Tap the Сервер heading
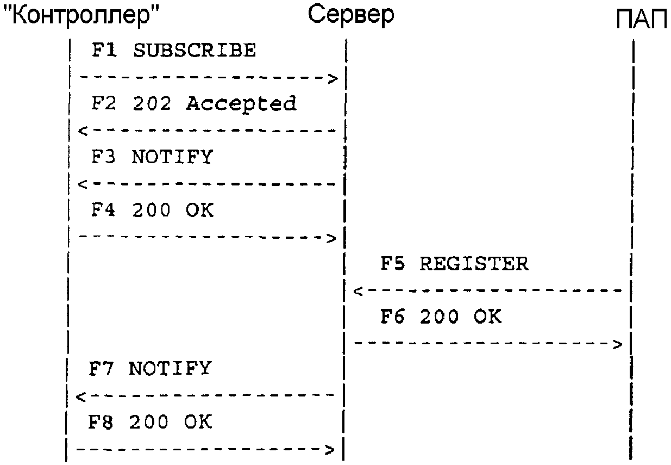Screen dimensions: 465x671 click(x=351, y=15)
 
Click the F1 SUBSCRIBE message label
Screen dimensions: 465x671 click(x=173, y=51)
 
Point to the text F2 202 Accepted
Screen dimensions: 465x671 click(x=193, y=103)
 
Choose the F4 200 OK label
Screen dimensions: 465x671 click(x=152, y=210)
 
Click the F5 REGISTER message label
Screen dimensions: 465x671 click(x=454, y=264)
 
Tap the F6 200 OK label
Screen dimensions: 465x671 click(x=441, y=317)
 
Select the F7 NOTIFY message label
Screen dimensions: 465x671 click(x=150, y=369)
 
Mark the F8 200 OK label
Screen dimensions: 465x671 click(x=150, y=422)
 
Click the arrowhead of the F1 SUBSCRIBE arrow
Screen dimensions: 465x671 click(x=333, y=79)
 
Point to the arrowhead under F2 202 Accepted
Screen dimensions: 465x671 click(x=82, y=131)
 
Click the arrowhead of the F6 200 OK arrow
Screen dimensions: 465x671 click(x=617, y=344)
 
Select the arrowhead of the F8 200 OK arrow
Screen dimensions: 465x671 click(x=329, y=450)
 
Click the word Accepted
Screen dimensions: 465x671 click(x=241, y=103)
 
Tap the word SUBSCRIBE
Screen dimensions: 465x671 click(x=194, y=51)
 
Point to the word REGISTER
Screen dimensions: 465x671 click(x=474, y=264)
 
